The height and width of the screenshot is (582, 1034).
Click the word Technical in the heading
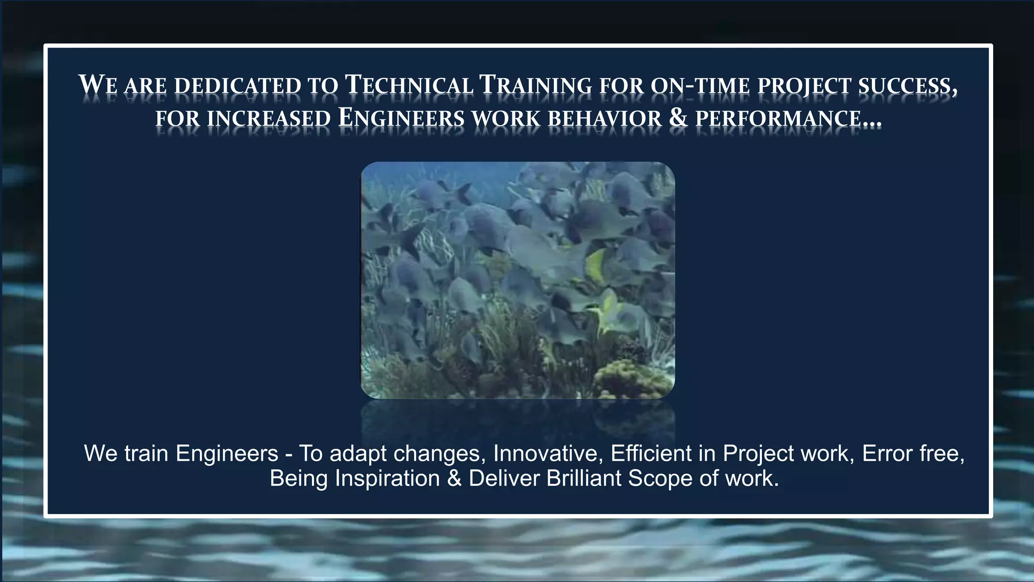click(x=409, y=85)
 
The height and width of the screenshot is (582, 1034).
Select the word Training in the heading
click(x=535, y=85)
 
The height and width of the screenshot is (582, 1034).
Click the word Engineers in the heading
click(x=401, y=118)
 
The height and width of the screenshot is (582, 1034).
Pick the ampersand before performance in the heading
click(x=678, y=118)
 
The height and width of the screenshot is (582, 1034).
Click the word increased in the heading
click(x=269, y=119)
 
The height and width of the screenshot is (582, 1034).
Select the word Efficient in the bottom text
click(x=651, y=453)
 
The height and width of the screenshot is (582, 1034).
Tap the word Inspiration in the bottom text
click(x=387, y=478)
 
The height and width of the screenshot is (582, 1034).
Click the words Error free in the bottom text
click(x=913, y=453)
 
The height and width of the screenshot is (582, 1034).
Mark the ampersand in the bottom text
click(x=454, y=478)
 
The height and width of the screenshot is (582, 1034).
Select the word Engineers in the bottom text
click(x=227, y=454)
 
